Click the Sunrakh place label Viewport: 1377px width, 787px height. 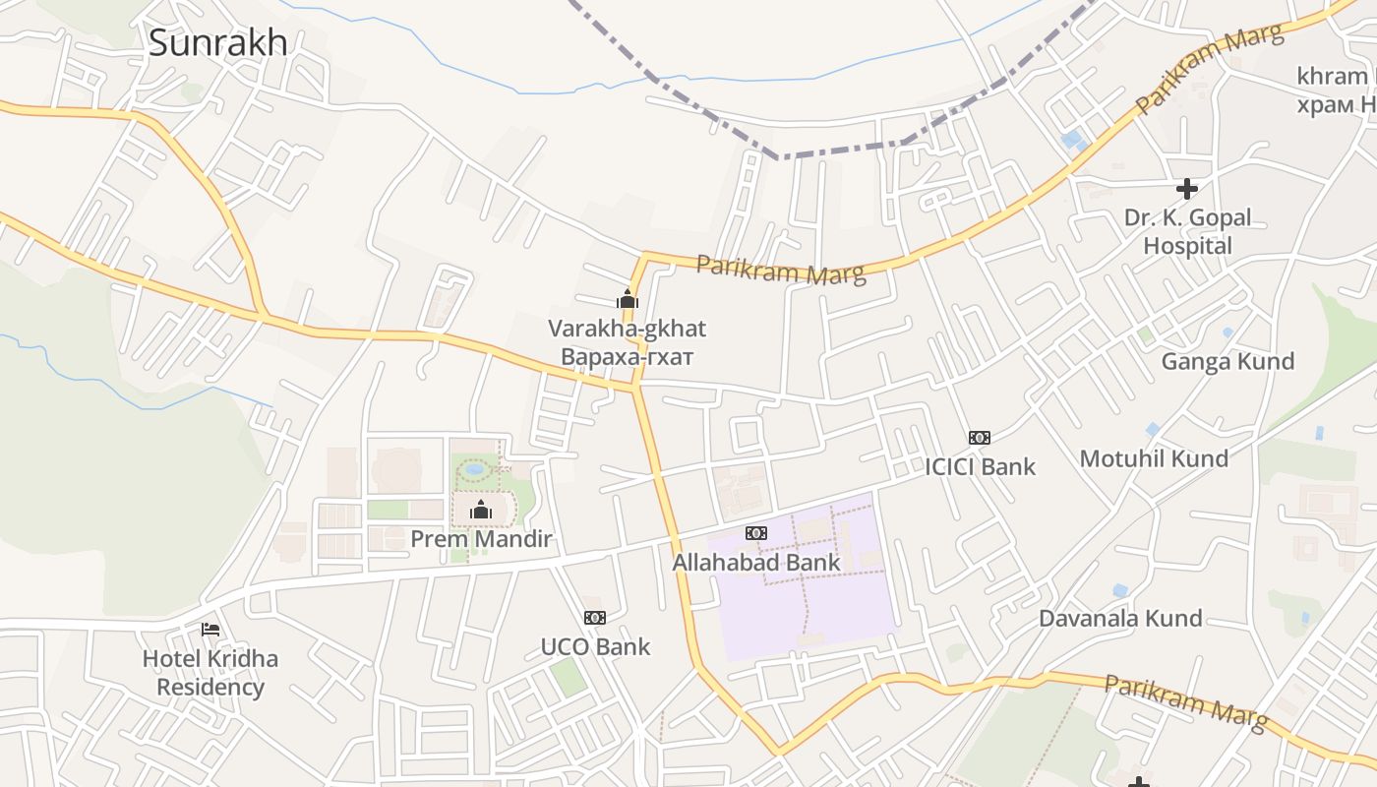pos(217,43)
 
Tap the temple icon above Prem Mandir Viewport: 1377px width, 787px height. pos(481,510)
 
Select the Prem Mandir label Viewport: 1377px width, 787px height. pos(481,539)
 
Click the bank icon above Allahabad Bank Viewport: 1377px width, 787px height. pos(755,533)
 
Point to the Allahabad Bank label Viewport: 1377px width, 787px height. pos(755,563)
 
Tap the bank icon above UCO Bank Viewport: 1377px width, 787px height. pos(595,618)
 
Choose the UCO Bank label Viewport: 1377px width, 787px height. pos(595,647)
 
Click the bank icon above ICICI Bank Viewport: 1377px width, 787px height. pos(980,438)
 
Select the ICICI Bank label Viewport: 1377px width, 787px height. pos(980,466)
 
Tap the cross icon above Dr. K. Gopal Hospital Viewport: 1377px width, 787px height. pos(1187,189)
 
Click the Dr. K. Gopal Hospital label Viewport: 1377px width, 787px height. pos(1187,231)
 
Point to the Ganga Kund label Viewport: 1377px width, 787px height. pos(1227,362)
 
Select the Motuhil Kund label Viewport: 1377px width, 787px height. pos(1154,458)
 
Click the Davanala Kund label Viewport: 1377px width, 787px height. pos(1120,619)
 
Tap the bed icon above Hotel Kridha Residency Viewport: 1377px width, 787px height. pos(210,630)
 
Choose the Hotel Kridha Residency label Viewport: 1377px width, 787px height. pos(210,673)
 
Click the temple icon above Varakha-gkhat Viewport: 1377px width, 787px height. pos(628,299)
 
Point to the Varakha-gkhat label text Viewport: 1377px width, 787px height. pos(627,329)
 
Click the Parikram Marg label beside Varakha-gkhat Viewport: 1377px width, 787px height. pos(781,269)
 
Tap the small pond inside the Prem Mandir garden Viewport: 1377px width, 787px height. pos(475,470)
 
